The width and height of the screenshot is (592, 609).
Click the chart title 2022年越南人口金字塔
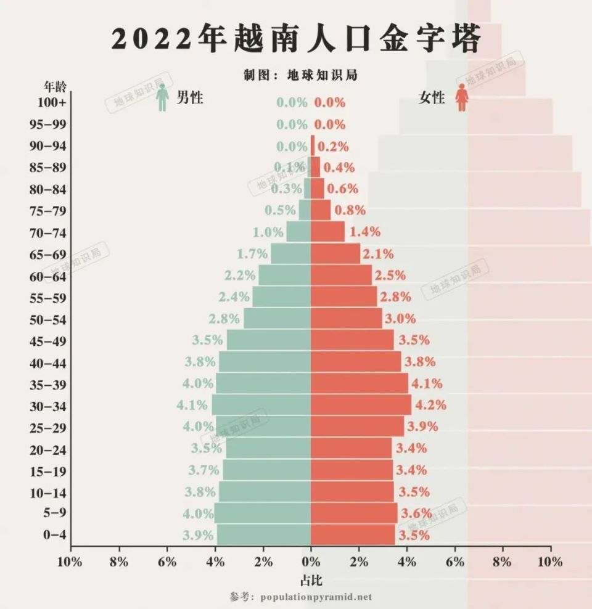click(296, 39)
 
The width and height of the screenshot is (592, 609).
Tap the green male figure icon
click(163, 99)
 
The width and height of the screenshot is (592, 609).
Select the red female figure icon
click(461, 99)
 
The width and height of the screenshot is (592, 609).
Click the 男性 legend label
click(189, 97)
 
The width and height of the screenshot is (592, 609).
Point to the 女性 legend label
click(431, 97)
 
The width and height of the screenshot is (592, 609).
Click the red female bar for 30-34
click(361, 405)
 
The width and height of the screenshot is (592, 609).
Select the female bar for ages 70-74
click(327, 232)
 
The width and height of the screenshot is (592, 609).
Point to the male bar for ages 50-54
click(277, 319)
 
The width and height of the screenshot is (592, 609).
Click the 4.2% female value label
click(431, 406)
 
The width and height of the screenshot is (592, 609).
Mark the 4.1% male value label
click(192, 406)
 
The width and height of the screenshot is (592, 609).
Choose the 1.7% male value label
click(252, 253)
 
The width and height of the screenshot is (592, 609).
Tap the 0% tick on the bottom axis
click(311, 562)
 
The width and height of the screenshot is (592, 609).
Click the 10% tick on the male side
click(70, 562)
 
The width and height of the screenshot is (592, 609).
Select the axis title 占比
click(311, 580)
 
